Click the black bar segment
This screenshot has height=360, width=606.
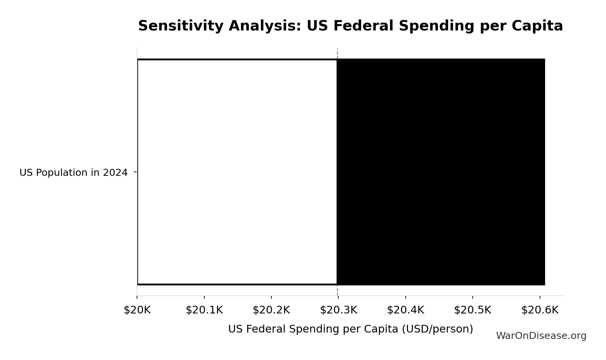click(x=441, y=172)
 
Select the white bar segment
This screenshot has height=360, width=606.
click(x=237, y=172)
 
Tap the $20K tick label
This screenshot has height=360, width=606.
click(x=137, y=310)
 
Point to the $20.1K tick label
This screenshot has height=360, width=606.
click(x=204, y=310)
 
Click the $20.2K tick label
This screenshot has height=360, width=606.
click(x=271, y=310)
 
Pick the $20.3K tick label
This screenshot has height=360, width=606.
click(x=338, y=310)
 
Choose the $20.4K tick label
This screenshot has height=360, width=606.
click(x=405, y=310)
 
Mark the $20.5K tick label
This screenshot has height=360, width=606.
click(x=472, y=310)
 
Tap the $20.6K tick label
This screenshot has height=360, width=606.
click(x=540, y=310)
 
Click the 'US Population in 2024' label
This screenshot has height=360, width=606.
click(x=73, y=173)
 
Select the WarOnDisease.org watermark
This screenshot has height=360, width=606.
click(x=541, y=336)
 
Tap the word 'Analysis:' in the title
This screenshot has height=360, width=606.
click(x=265, y=26)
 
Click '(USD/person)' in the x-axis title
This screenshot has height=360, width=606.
click(x=437, y=329)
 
